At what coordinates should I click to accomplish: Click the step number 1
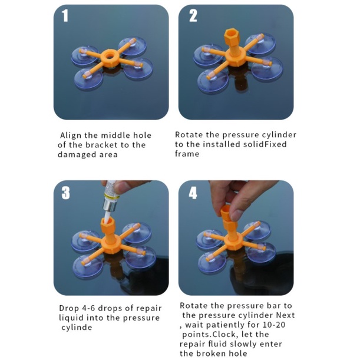coord(65,15)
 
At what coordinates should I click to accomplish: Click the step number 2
coord(193,15)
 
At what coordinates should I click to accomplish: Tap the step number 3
coord(65,193)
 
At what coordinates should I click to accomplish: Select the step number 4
coord(193,193)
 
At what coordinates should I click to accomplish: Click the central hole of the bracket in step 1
coord(110,55)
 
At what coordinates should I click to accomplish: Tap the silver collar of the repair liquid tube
coord(108,204)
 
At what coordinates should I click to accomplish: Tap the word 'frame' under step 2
coord(187,154)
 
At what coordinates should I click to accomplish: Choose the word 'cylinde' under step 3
coord(77,327)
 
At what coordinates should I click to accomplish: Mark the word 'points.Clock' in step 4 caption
coord(209,334)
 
